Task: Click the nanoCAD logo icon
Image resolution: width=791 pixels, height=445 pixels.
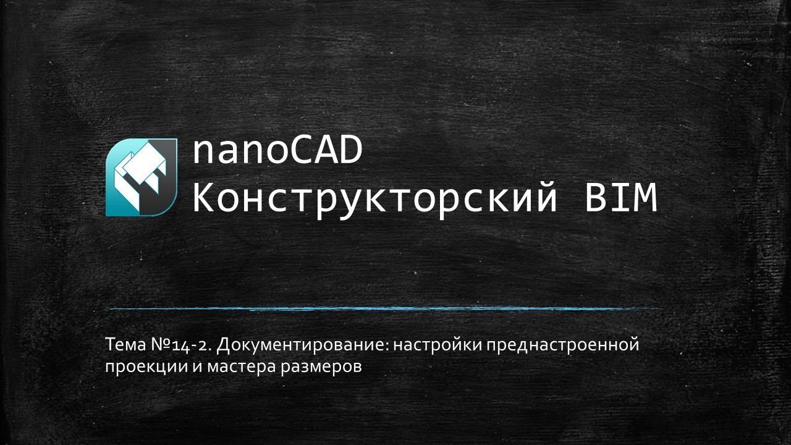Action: tap(142, 177)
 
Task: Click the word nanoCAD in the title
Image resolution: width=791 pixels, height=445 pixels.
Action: tap(277, 151)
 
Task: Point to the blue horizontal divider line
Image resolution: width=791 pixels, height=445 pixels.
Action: tap(383, 308)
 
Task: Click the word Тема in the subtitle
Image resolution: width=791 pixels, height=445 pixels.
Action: tap(124, 345)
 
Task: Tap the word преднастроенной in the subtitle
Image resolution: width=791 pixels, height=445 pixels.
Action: tap(561, 345)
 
